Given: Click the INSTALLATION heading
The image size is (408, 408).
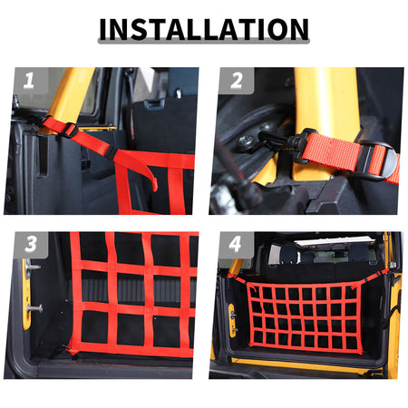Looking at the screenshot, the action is [x=204, y=29].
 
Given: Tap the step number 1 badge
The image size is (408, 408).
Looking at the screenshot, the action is [x=29, y=81].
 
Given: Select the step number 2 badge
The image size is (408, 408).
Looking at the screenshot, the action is [x=237, y=81].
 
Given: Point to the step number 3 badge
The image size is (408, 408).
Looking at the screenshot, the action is [x=31, y=244].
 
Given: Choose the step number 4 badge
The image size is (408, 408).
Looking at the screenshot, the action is [x=235, y=244].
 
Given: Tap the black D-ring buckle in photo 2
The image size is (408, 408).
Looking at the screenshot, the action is [x=378, y=160].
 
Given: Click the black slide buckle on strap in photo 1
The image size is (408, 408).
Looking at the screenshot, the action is [x=70, y=130].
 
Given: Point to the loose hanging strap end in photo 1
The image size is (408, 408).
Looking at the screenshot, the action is [x=149, y=175].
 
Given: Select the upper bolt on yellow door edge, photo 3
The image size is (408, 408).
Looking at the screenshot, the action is [x=34, y=267].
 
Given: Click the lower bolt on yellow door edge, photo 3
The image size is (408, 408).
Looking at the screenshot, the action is [x=34, y=308].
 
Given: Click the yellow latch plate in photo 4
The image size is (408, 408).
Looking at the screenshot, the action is [x=231, y=320].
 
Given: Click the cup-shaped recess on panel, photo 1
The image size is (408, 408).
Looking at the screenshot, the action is [x=154, y=104].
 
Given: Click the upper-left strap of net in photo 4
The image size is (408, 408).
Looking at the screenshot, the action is [x=238, y=278].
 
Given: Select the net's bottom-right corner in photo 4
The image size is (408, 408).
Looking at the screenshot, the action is [x=360, y=352].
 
